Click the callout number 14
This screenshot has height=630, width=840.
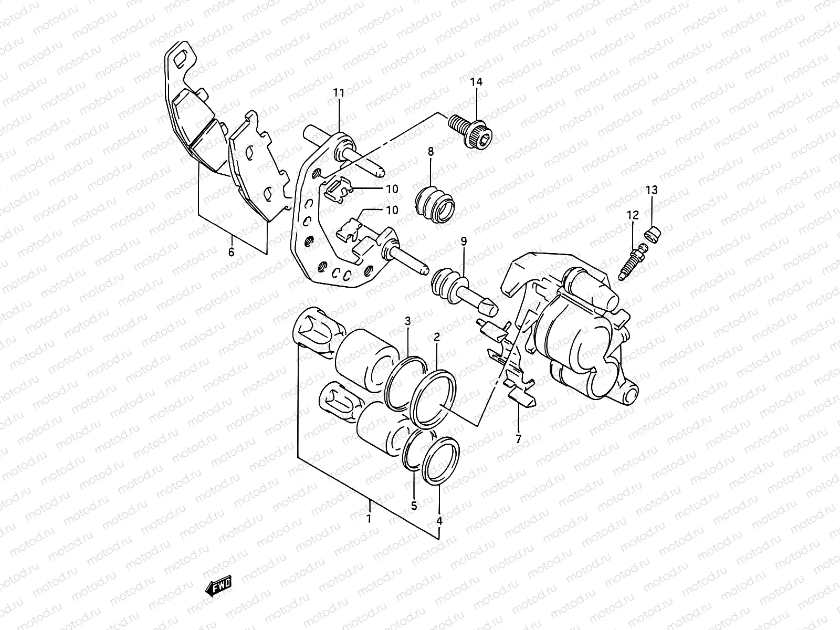[476, 82]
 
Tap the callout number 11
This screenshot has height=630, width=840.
[339, 93]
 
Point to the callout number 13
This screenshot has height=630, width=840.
[651, 190]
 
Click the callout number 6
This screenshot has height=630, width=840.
[231, 251]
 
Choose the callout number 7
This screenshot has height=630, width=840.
[518, 439]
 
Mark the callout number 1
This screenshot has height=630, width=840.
[369, 519]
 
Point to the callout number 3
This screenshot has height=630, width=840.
[407, 321]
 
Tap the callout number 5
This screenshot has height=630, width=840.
[414, 506]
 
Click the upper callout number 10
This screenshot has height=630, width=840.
[392, 189]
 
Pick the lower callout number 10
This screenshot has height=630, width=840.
[392, 211]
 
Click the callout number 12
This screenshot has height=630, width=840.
[632, 215]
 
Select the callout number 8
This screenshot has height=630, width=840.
[430, 152]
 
